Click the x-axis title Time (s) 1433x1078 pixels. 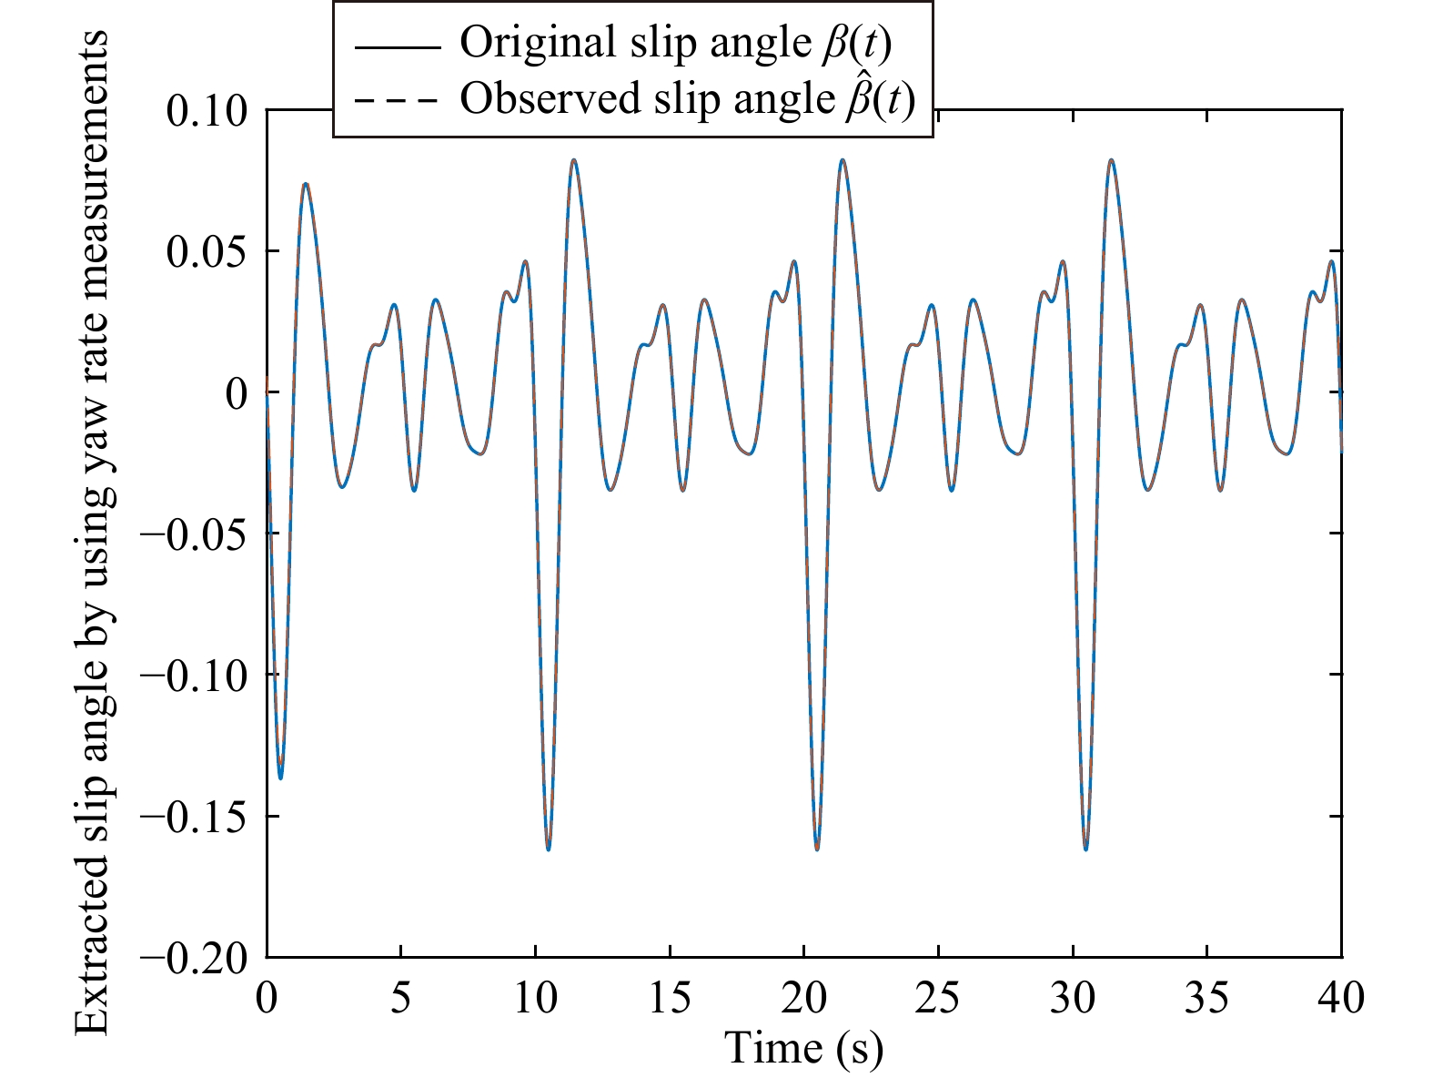tap(803, 1049)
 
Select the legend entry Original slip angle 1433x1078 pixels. tap(674, 42)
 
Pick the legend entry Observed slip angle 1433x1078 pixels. tap(686, 98)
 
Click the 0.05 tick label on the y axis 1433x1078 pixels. tap(207, 252)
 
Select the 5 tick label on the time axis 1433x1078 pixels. tap(400, 999)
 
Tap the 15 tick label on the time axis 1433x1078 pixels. tap(670, 999)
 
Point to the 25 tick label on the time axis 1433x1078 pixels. tap(938, 999)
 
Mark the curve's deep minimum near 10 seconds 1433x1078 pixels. tap(549, 849)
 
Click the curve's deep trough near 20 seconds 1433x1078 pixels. tap(817, 849)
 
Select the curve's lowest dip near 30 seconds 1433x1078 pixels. tap(1086, 849)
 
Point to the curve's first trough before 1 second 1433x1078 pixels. tap(281, 778)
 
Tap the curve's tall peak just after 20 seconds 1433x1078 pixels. tap(843, 160)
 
